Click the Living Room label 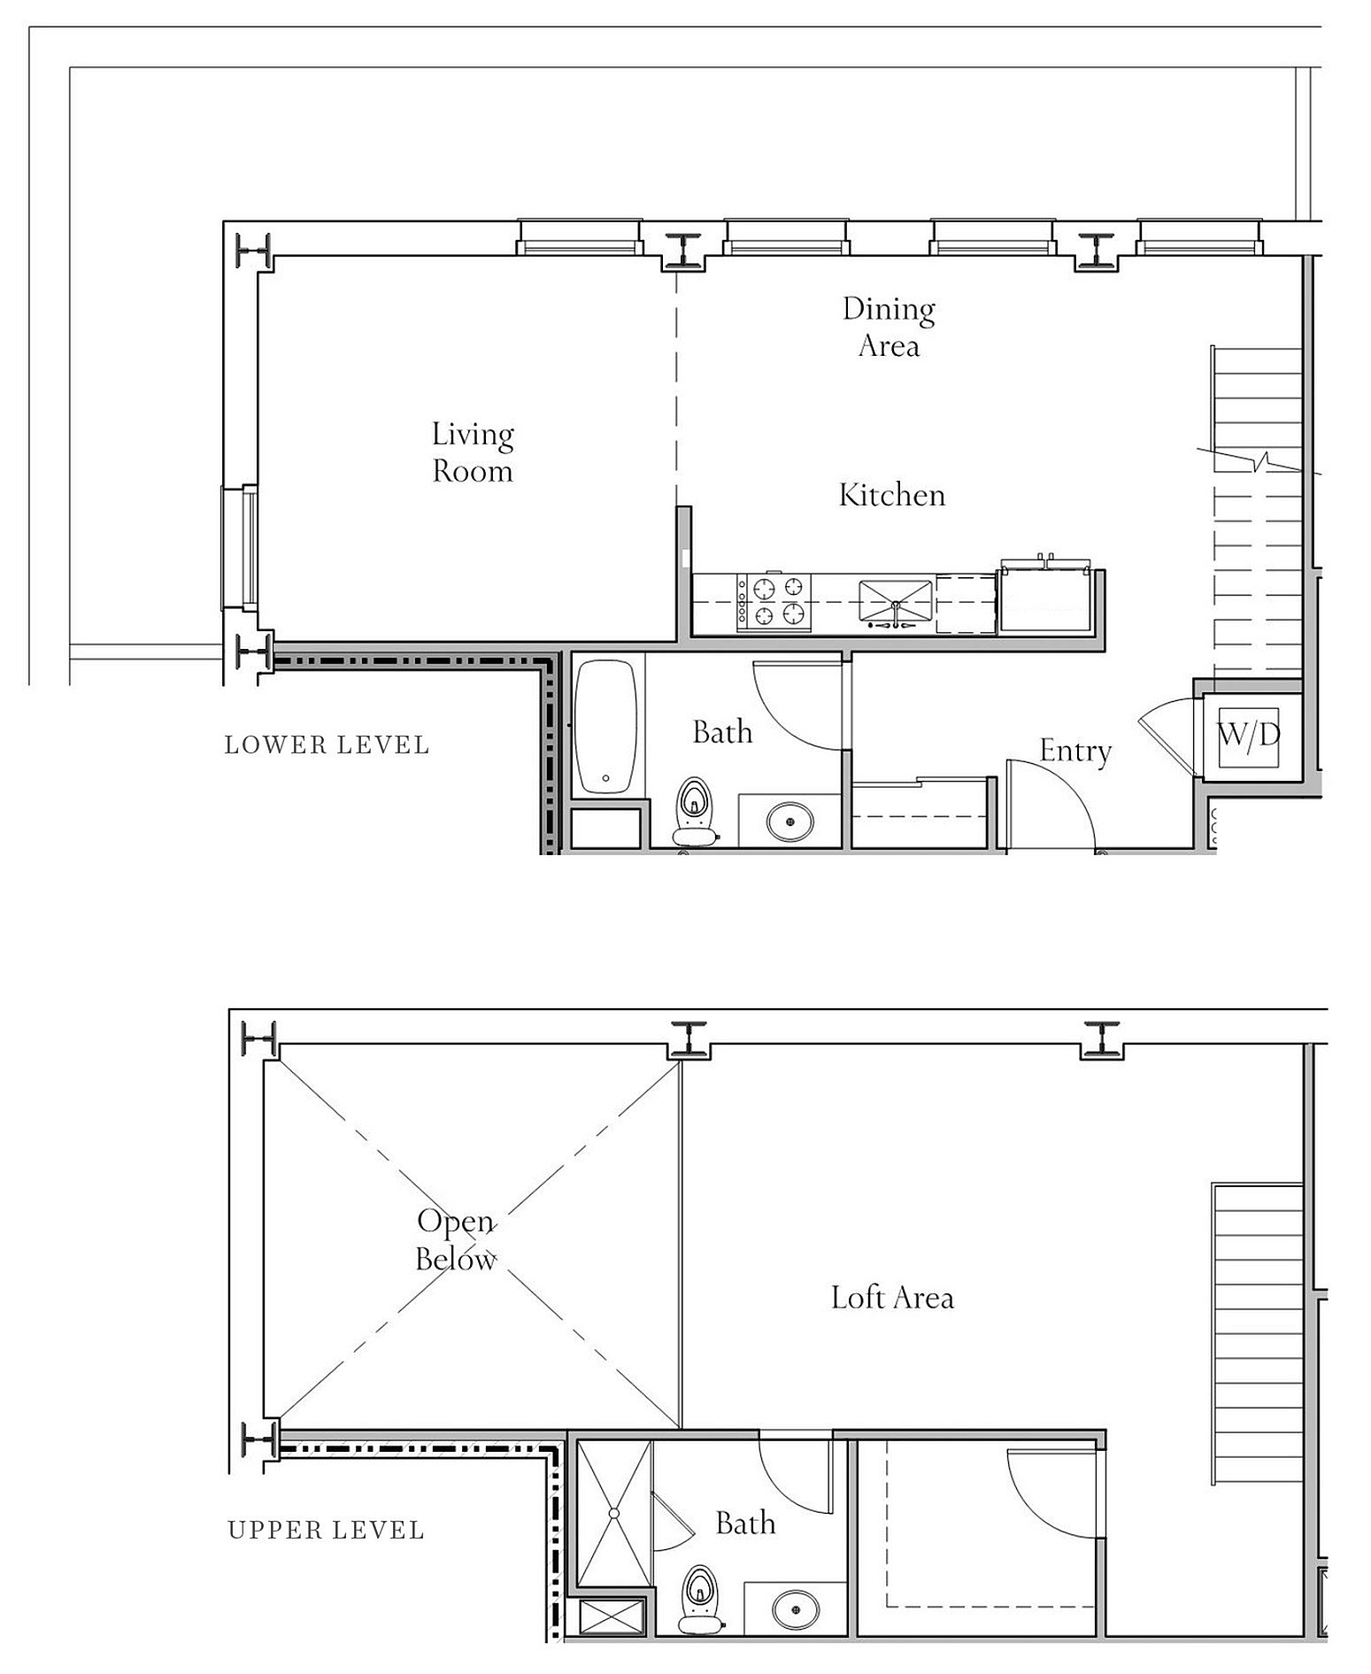click(x=473, y=452)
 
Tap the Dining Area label click(x=889, y=327)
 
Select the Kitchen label click(x=892, y=495)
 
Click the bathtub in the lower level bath click(x=605, y=727)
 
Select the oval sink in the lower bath click(x=789, y=821)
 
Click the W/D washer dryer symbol click(x=1249, y=736)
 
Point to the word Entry click(x=1075, y=751)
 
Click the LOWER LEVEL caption click(x=327, y=745)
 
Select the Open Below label click(x=456, y=1239)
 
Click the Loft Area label click(x=892, y=1298)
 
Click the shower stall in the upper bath click(x=613, y=1513)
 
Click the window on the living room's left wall click(x=240, y=548)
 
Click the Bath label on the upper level click(x=745, y=1524)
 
